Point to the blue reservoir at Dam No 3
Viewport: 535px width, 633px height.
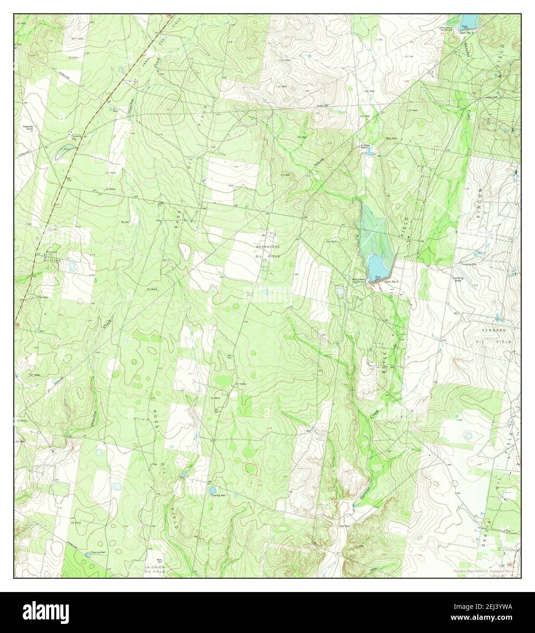(x=468, y=20)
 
